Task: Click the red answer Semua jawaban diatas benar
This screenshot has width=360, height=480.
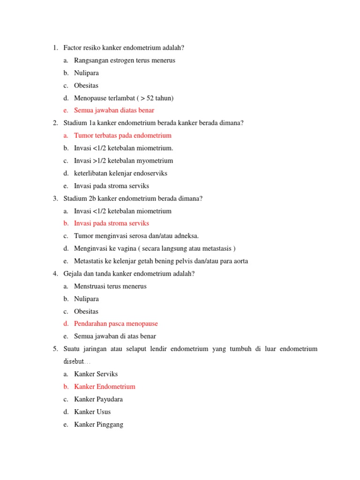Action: click(114, 111)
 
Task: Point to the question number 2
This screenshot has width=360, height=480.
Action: click(55, 123)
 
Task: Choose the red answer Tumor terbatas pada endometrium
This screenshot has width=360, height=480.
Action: click(123, 135)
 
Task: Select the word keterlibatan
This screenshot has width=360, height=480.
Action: click(91, 173)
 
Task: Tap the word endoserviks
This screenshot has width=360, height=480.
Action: click(151, 173)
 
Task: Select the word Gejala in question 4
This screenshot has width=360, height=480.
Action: click(73, 273)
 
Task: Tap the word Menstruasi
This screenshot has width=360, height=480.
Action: click(91, 286)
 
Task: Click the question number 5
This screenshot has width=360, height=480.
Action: click(55, 349)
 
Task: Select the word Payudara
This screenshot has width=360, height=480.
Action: click(111, 399)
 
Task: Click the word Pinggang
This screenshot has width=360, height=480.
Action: click(110, 424)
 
